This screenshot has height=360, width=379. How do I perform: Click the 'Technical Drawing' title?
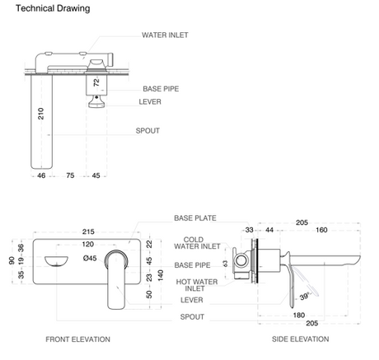click(53, 8)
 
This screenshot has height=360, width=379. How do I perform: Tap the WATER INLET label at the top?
click(165, 35)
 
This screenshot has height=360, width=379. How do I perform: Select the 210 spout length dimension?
click(40, 114)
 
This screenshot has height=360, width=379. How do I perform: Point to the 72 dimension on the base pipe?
click(96, 82)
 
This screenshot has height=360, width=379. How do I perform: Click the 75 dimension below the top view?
click(70, 175)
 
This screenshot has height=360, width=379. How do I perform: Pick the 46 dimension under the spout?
click(41, 175)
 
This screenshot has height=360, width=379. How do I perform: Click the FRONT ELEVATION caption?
click(77, 339)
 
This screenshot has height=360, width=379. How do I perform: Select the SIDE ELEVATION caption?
click(301, 339)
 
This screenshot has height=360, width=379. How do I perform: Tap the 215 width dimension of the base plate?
click(88, 231)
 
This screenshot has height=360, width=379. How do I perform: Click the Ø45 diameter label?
click(90, 258)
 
